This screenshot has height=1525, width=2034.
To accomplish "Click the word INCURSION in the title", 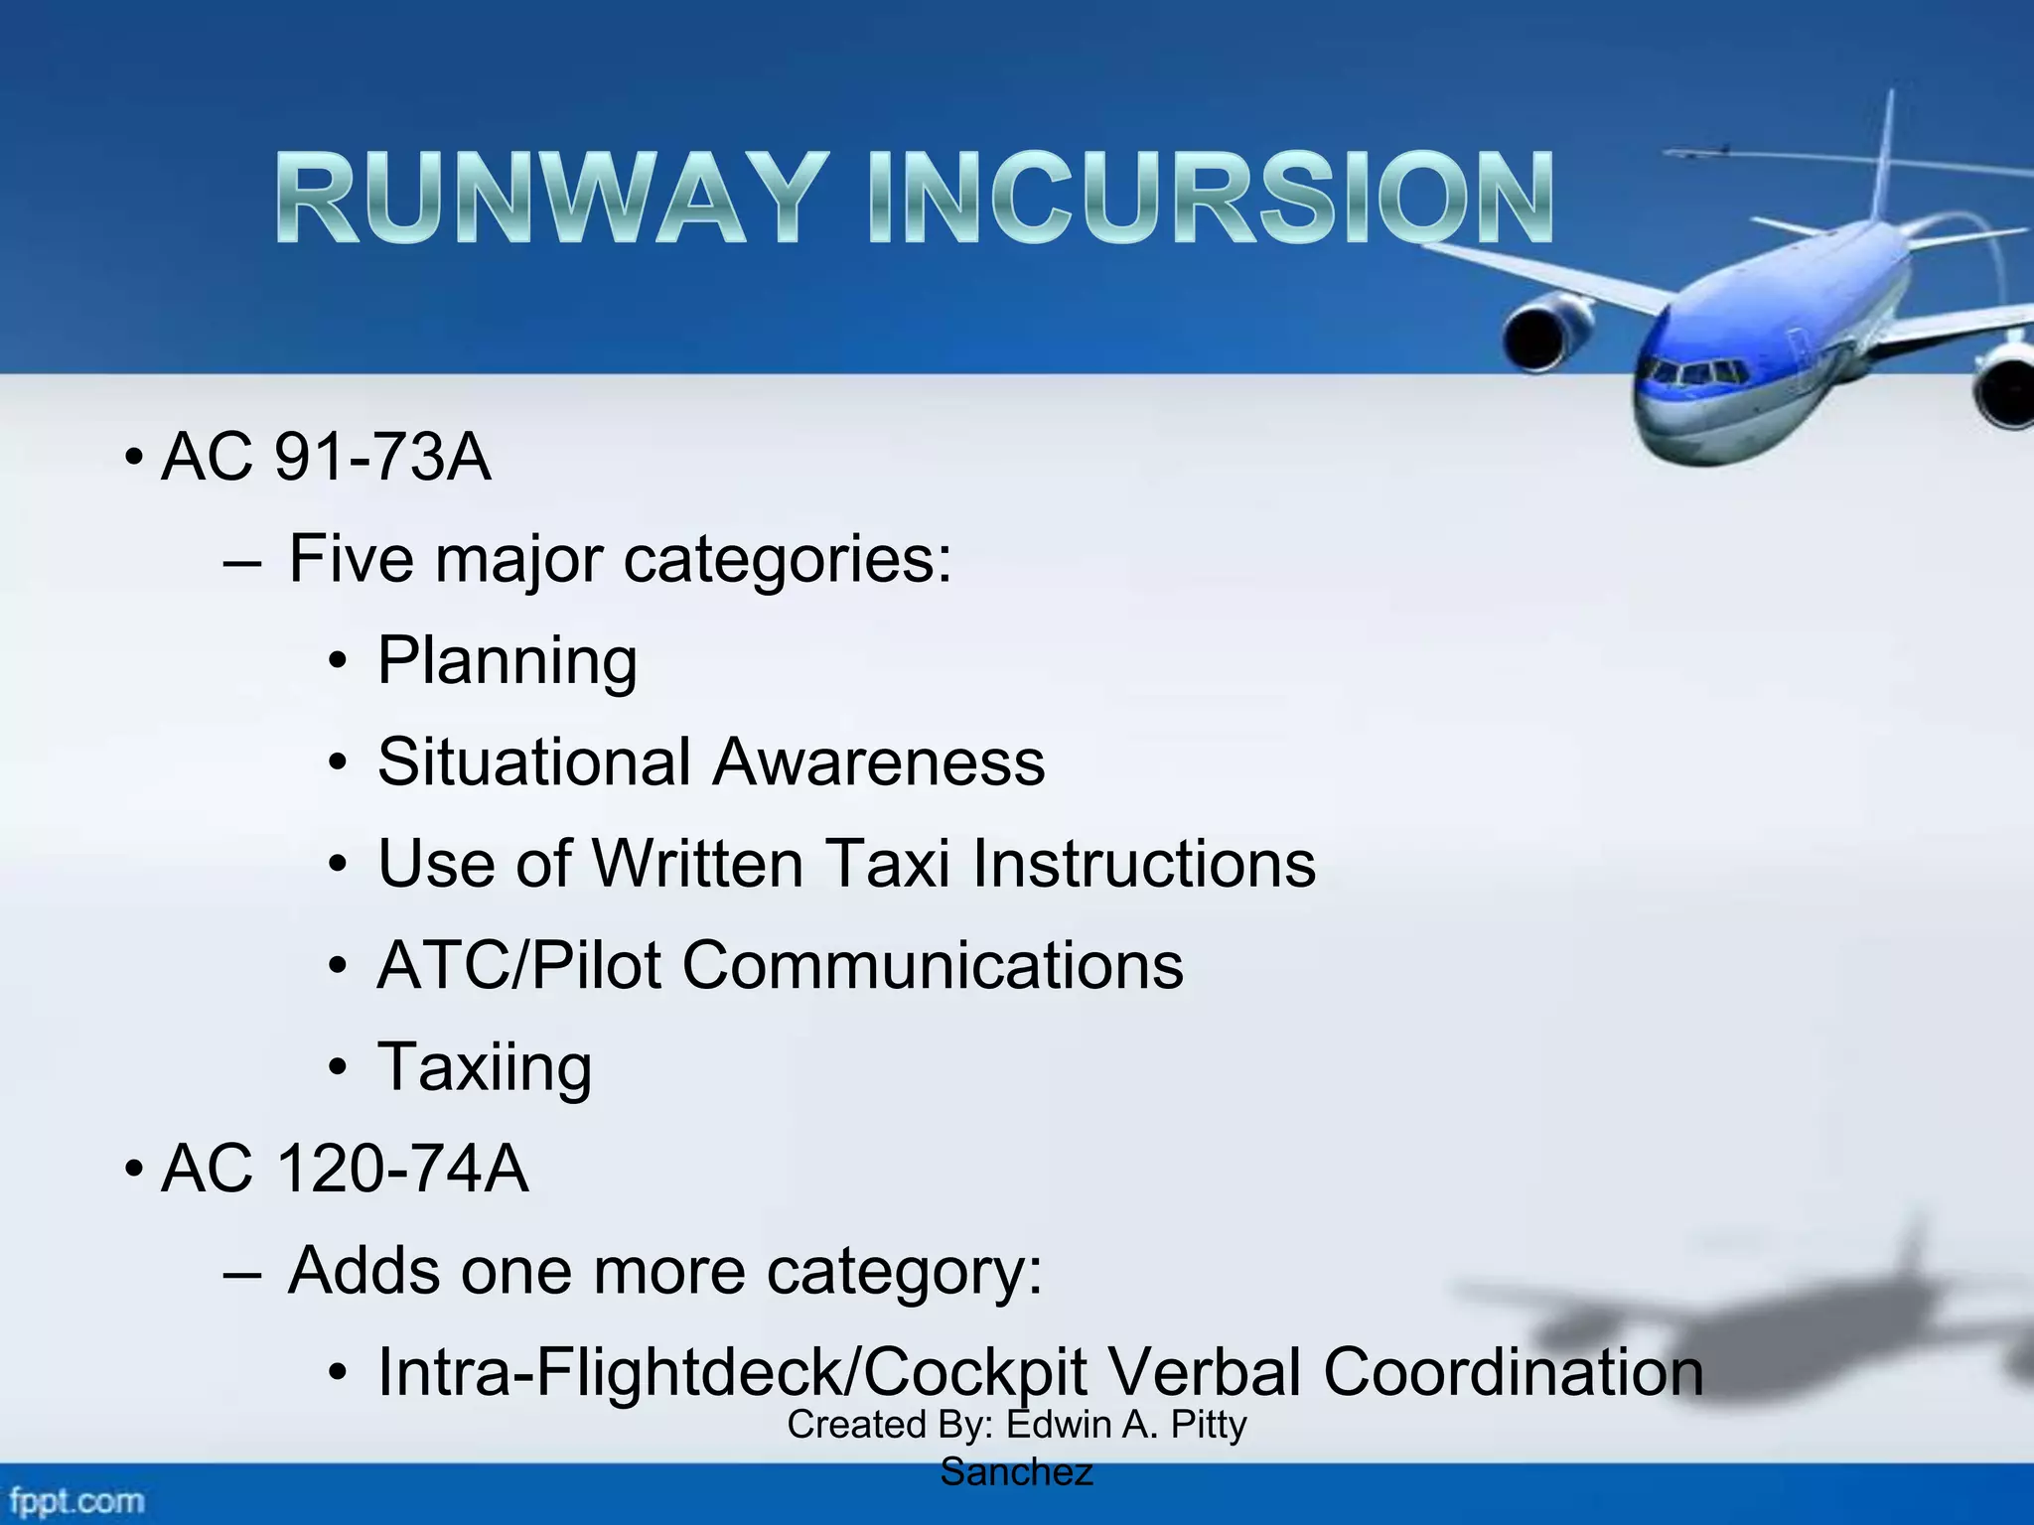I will tap(1210, 199).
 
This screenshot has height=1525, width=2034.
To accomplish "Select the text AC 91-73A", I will tap(326, 458).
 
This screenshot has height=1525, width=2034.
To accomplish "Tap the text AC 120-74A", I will tap(344, 1169).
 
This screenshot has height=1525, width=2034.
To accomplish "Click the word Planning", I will tap(507, 661).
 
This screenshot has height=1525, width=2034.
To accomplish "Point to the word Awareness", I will tap(878, 762).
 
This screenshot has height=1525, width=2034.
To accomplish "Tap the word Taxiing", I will tap(485, 1067).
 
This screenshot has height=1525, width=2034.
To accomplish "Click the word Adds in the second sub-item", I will tap(363, 1271).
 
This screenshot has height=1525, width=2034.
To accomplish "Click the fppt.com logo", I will tap(75, 1500).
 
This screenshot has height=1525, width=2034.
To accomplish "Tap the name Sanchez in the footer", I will tap(1016, 1472).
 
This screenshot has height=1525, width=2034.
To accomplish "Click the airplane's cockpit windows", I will tap(1693, 374).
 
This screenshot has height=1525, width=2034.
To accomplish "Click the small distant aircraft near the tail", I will tap(1700, 152).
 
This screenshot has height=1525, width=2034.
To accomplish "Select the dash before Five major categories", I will tap(242, 562).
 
